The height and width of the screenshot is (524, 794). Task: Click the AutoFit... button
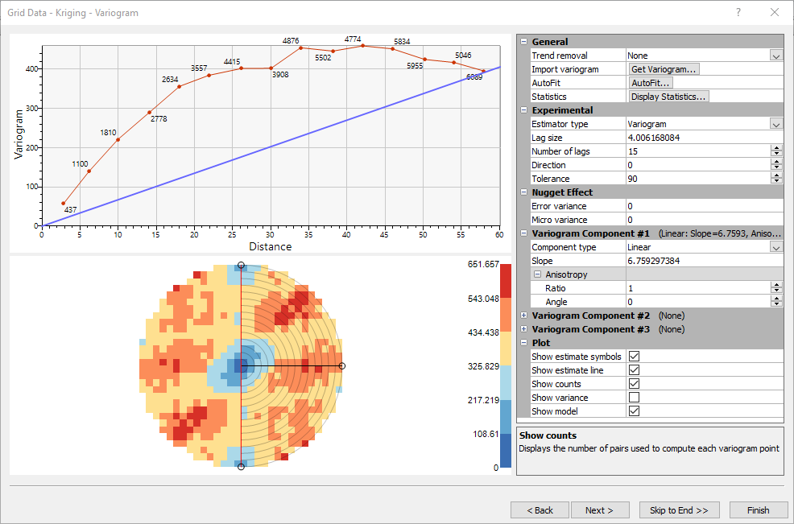651,83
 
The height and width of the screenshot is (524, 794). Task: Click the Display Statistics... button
668,97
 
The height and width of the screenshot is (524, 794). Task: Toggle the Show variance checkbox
634,398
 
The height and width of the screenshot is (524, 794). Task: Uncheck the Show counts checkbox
634,384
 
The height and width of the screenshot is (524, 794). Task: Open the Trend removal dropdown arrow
775,56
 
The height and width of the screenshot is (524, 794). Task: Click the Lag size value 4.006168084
653,138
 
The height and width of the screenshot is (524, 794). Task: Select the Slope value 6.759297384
653,261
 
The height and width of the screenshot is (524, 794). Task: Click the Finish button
758,510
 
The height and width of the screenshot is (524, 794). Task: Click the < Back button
540,510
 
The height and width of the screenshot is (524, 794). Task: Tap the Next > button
600,510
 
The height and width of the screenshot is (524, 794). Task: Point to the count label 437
70,209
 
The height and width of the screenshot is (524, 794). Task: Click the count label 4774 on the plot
353,39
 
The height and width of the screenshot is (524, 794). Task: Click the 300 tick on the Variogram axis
32,109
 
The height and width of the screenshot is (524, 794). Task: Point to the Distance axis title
271,246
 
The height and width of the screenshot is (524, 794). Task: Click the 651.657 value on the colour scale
483,264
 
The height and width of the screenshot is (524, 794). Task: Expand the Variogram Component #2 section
523,316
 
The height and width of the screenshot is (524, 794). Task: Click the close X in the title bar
774,12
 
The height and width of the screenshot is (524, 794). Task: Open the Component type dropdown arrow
775,247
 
